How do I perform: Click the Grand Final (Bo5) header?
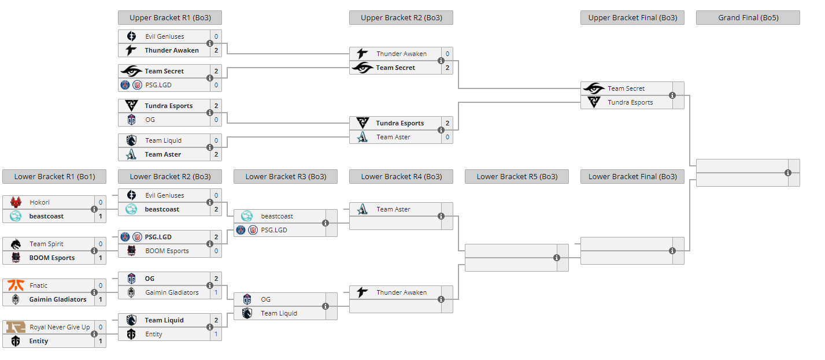tap(748, 18)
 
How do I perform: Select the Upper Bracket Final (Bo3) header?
tap(632, 18)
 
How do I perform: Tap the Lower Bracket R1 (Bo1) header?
tap(54, 177)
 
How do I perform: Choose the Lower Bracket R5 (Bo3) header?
tap(516, 177)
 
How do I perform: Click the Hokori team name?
tap(39, 202)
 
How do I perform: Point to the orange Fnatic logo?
tap(16, 285)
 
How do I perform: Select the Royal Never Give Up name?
tap(60, 327)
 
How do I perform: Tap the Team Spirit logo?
tap(16, 244)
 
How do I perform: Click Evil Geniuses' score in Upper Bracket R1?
tap(216, 36)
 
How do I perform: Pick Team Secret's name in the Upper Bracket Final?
tap(626, 88)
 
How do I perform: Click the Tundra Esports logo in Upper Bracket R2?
tap(362, 123)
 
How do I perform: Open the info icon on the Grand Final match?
tap(788, 173)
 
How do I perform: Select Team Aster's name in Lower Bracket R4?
tap(393, 209)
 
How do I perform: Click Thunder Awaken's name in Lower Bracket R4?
tap(401, 292)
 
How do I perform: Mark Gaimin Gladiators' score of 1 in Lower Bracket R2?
tap(216, 292)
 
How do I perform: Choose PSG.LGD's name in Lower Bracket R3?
tap(273, 230)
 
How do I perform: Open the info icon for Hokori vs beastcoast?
tap(94, 209)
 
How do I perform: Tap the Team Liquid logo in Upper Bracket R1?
tap(131, 140)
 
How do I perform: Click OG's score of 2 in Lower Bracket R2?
tap(216, 279)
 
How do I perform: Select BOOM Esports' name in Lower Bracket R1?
tap(52, 258)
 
